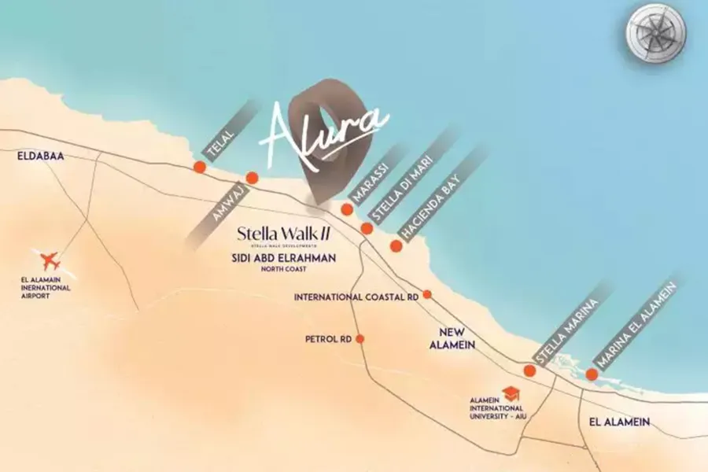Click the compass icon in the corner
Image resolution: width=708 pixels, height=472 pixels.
[x=656, y=33]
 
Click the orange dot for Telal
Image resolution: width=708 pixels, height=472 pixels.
[x=200, y=167]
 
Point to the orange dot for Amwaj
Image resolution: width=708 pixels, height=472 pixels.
[x=252, y=178]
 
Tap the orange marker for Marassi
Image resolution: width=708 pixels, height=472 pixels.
[x=346, y=208]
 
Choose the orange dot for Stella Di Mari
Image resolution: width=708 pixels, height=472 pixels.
[x=367, y=228]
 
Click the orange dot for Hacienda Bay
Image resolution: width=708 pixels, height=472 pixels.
[x=396, y=245]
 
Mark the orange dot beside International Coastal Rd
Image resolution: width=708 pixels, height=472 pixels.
[x=427, y=294]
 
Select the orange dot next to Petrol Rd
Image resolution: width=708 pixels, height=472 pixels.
[x=360, y=339]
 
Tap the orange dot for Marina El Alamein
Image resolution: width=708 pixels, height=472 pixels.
[x=592, y=374]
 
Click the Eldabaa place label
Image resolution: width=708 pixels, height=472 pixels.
[x=40, y=157]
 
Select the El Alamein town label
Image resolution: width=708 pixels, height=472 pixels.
[x=619, y=422]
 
